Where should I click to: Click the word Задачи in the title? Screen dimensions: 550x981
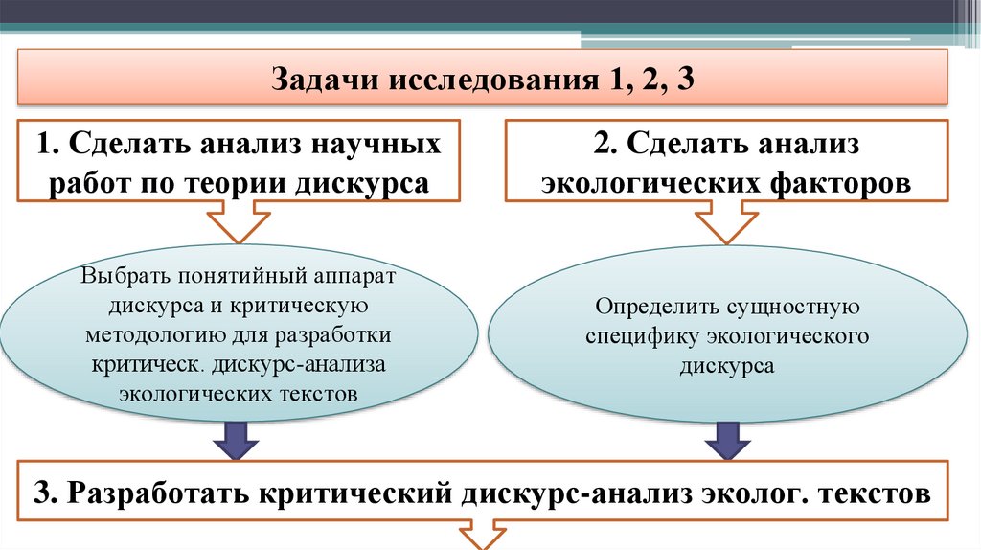[323, 78]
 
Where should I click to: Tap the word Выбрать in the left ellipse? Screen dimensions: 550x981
[125, 277]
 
